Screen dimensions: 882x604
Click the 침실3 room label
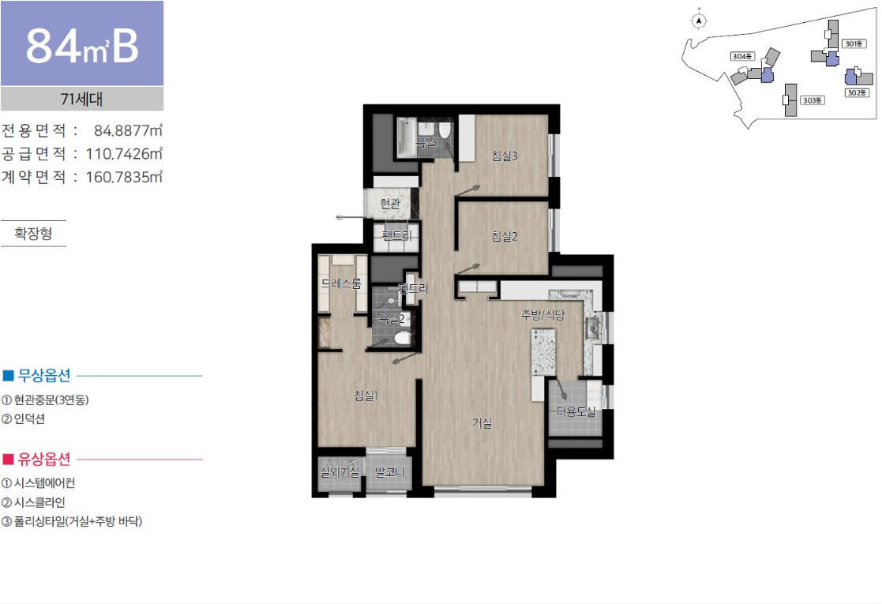pyautogui.click(x=504, y=156)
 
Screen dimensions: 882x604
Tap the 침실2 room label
pyautogui.click(x=504, y=236)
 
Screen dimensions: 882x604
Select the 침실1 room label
pyautogui.click(x=366, y=396)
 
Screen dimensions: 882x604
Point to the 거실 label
pyautogui.click(x=482, y=422)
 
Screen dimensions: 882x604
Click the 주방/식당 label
pyautogui.click(x=542, y=315)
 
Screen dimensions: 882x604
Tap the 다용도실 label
pyautogui.click(x=576, y=411)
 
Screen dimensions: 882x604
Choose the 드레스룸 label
pyautogui.click(x=341, y=284)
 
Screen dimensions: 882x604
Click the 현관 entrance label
pyautogui.click(x=390, y=203)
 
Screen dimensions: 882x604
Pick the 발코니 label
pyautogui.click(x=389, y=472)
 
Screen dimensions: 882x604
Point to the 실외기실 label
pyautogui.click(x=340, y=472)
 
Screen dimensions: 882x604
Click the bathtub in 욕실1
pyautogui.click(x=405, y=137)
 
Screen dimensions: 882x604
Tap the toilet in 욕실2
pyautogui.click(x=402, y=339)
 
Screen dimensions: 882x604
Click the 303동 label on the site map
pyautogui.click(x=813, y=100)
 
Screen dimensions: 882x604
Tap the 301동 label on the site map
pyautogui.click(x=854, y=43)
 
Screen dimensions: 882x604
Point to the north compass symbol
pyautogui.click(x=699, y=21)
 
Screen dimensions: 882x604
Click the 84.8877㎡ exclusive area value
pyautogui.click(x=128, y=130)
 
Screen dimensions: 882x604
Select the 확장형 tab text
pyautogui.click(x=33, y=234)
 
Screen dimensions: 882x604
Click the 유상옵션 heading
pyautogui.click(x=44, y=460)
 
